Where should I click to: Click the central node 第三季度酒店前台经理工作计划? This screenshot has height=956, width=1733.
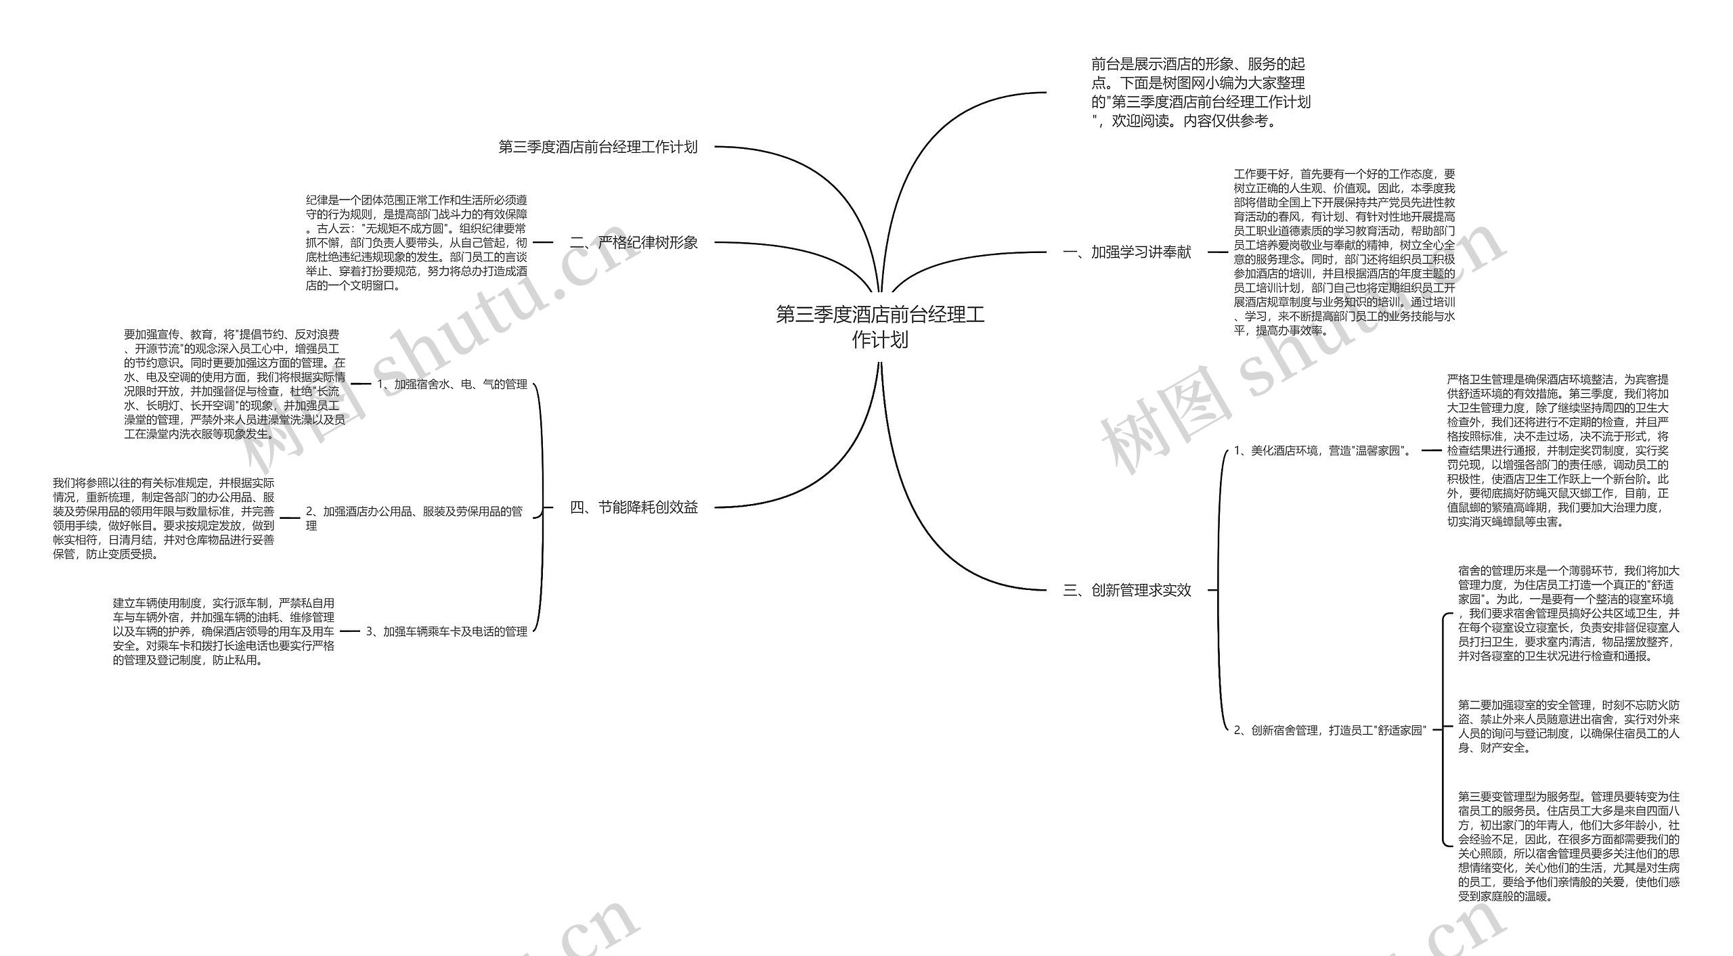(x=879, y=327)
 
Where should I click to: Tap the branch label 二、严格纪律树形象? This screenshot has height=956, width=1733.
(x=634, y=242)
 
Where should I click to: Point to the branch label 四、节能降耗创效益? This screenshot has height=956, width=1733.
(x=634, y=507)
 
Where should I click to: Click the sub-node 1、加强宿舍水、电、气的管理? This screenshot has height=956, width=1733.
(x=452, y=384)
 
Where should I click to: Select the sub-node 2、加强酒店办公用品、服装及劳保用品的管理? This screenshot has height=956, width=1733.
(x=414, y=518)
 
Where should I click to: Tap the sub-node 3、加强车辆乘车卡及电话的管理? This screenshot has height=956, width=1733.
(x=447, y=631)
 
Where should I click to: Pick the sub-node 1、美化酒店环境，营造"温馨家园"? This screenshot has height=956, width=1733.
(x=1323, y=451)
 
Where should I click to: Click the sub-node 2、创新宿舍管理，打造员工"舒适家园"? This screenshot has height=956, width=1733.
(x=1330, y=730)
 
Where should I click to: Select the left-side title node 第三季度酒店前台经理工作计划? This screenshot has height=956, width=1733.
(x=598, y=147)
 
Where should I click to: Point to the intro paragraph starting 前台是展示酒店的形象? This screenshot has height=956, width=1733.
(x=1200, y=93)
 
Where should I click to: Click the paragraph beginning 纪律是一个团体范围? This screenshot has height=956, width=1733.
(x=416, y=242)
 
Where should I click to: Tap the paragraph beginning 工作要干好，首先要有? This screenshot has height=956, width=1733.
(x=1344, y=252)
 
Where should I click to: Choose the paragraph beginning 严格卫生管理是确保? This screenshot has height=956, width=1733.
(x=1558, y=451)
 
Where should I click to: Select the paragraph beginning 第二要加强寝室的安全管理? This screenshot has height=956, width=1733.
(x=1569, y=727)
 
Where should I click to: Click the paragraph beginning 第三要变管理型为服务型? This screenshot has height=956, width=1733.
(x=1569, y=846)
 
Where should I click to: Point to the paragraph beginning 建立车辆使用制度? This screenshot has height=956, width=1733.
(x=223, y=631)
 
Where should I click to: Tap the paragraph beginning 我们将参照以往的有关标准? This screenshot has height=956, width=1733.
(x=164, y=518)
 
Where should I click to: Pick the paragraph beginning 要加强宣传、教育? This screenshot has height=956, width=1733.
(x=234, y=384)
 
